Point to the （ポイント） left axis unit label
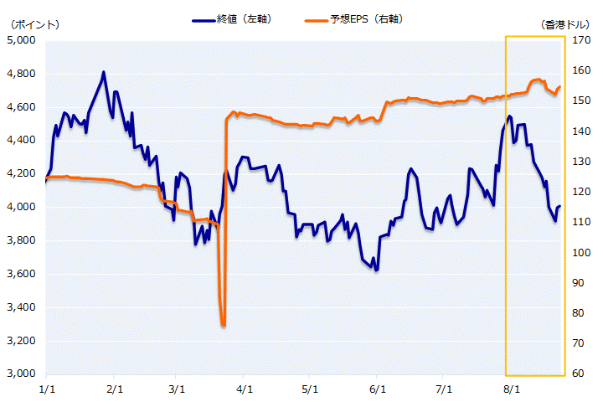coord(31,25)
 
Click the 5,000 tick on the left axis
coord(21,40)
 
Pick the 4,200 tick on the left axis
coord(21,174)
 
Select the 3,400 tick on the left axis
coord(21,307)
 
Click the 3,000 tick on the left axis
coord(21,374)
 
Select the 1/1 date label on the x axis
coord(48,389)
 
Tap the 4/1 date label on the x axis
coord(245,389)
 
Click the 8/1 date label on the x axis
coord(510,389)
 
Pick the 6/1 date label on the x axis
coord(378,389)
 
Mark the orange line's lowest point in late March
coord(224,325)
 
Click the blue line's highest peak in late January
coord(104,72)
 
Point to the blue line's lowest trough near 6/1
coord(377,270)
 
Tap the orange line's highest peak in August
coord(537,80)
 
